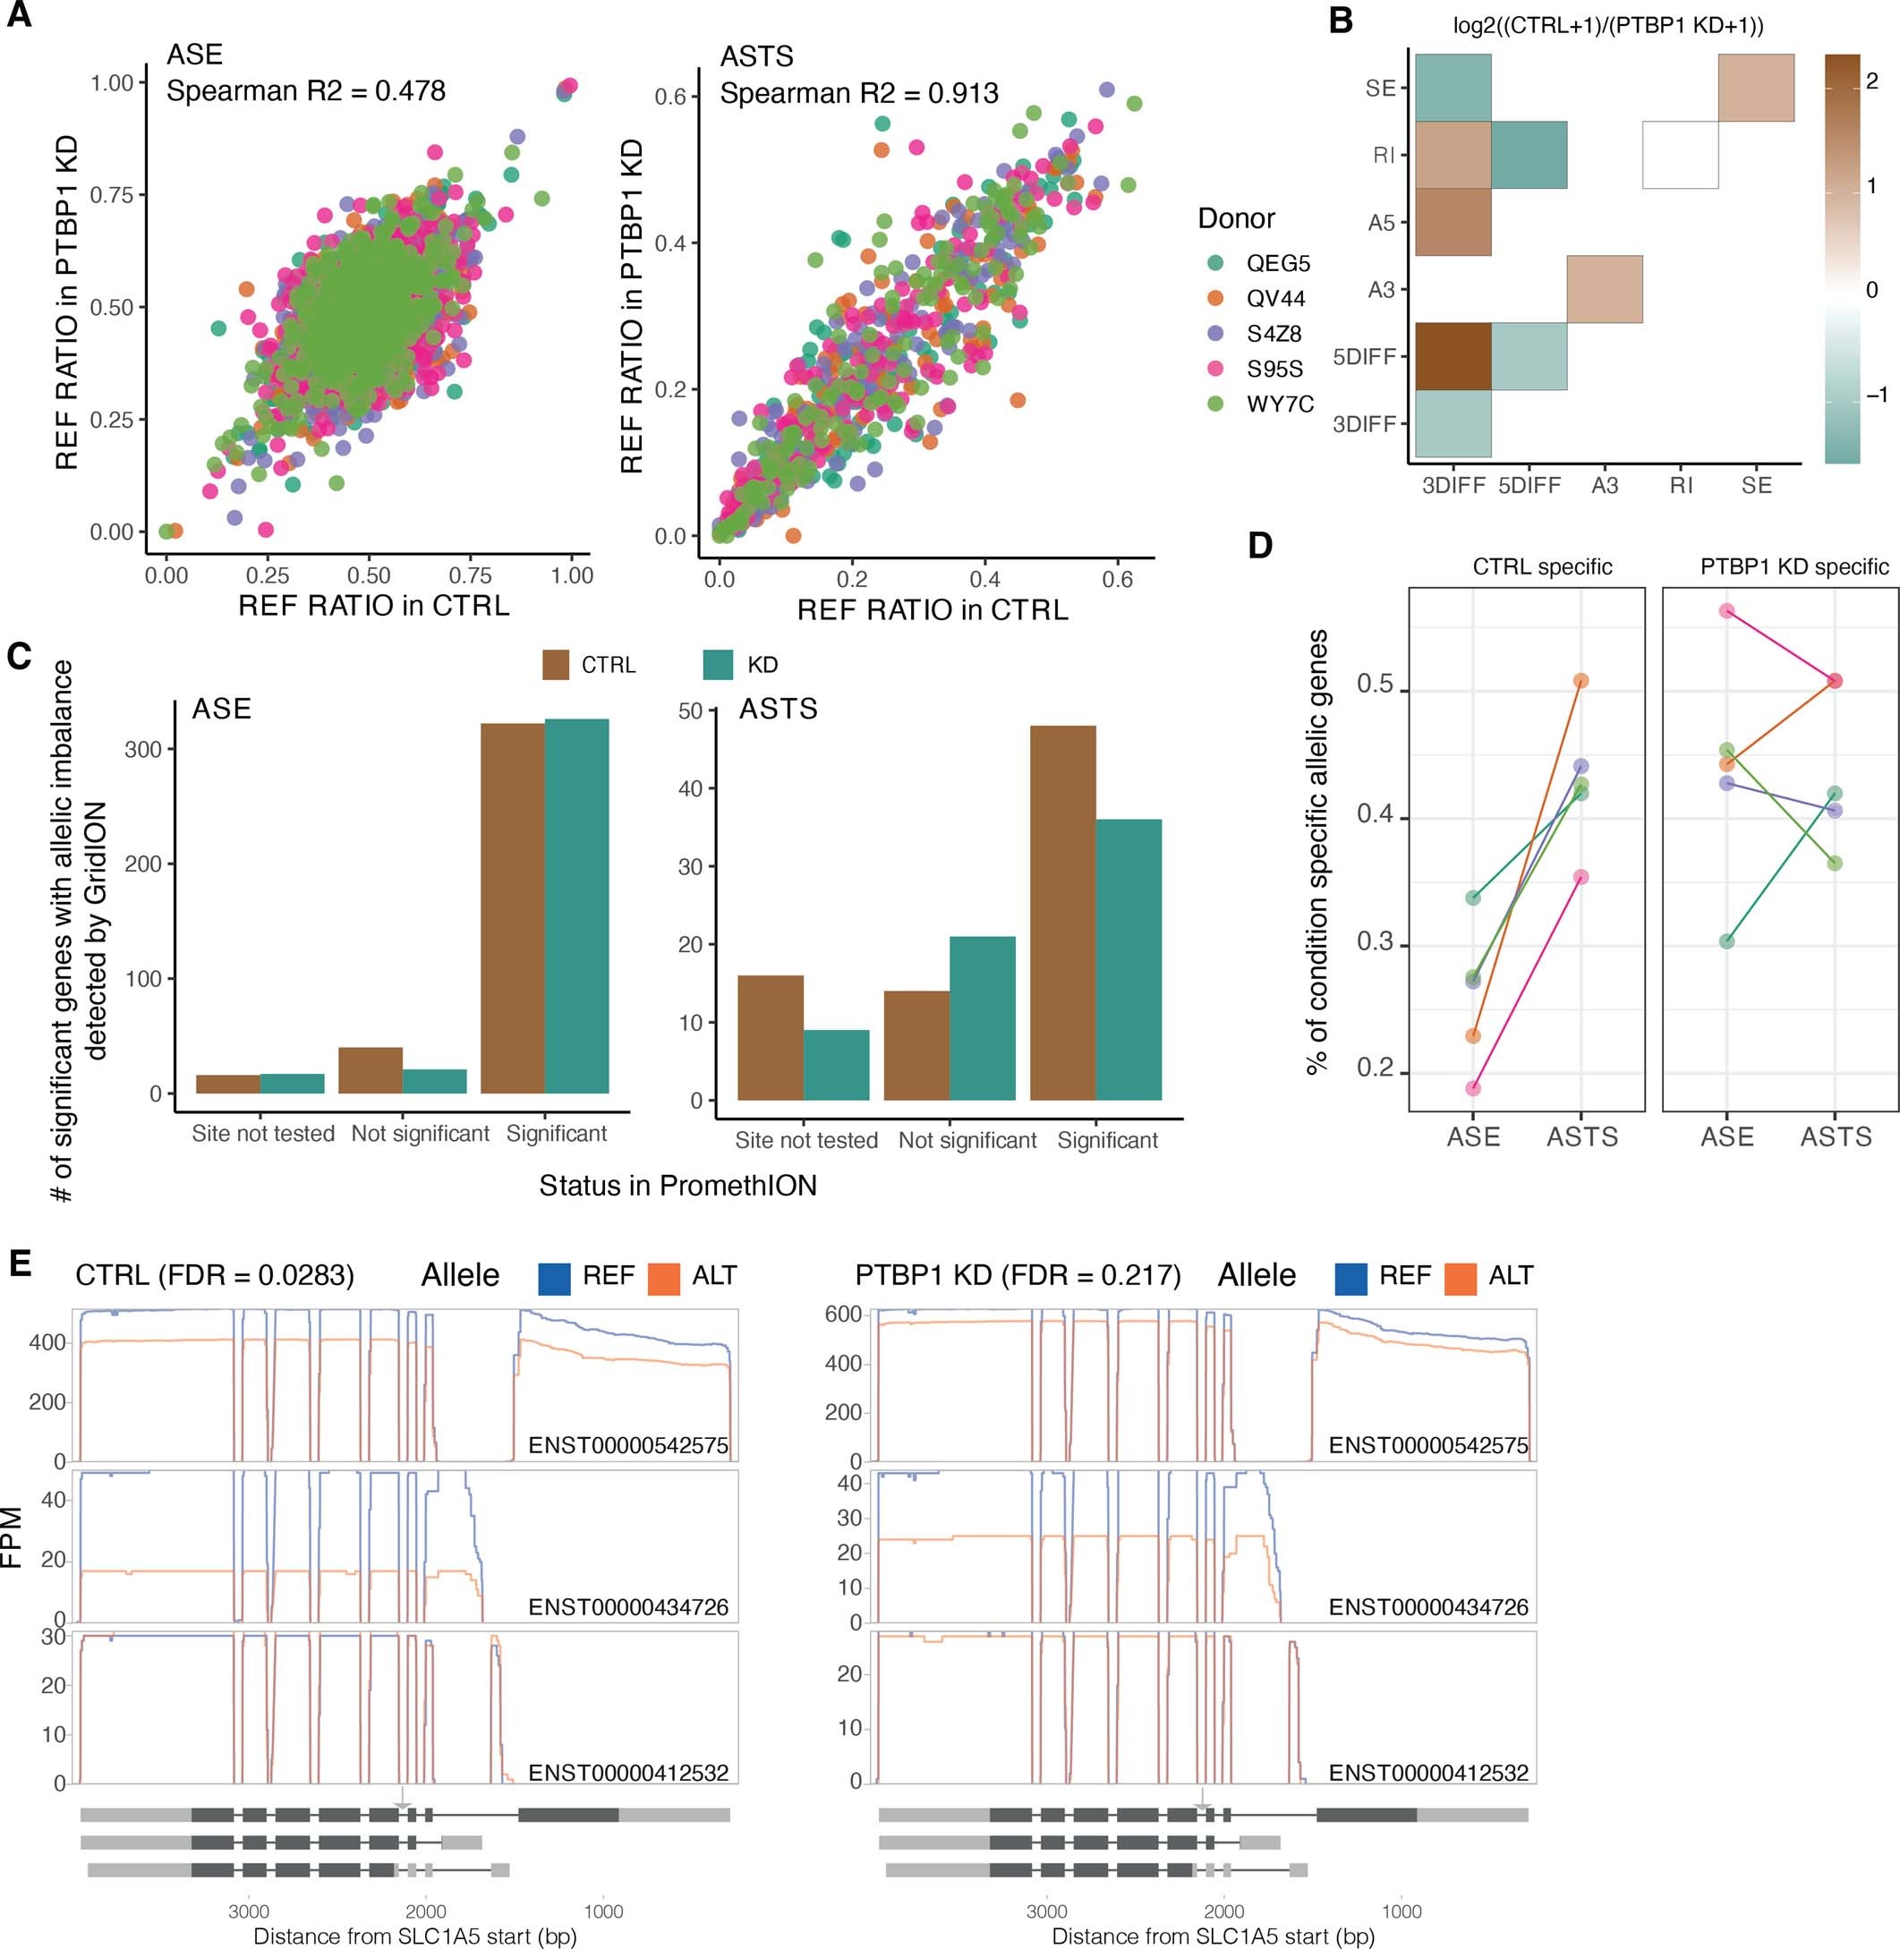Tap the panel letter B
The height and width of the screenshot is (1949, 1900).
[1343, 20]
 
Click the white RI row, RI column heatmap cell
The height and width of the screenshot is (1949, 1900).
[1680, 155]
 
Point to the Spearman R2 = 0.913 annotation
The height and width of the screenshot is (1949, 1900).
[858, 94]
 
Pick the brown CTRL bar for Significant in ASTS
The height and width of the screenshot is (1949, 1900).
[1061, 912]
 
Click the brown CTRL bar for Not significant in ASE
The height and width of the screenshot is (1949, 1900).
[371, 1070]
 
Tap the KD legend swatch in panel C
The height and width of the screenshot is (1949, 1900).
[717, 665]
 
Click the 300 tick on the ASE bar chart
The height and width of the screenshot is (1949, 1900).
[142, 750]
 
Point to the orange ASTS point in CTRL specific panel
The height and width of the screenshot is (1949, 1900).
[1580, 682]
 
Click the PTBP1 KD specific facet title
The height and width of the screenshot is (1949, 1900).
[1793, 566]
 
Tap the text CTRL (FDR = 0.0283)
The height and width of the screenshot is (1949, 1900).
[215, 1275]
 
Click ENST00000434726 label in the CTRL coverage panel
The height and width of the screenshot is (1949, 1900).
[627, 1606]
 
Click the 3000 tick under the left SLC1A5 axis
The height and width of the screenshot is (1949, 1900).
[249, 1911]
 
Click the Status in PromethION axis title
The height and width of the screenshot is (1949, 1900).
[677, 1186]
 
